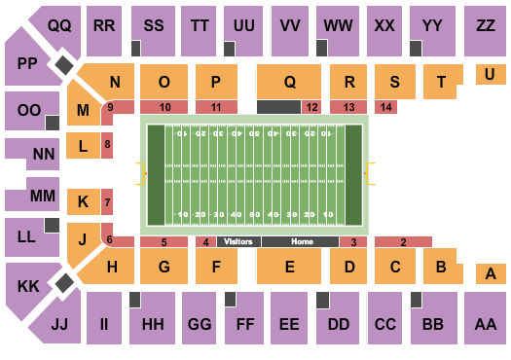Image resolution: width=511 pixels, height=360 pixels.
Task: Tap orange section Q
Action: coord(289,83)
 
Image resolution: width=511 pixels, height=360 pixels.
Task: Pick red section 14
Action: coord(388,107)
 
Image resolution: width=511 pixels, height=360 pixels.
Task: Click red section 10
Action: coord(165,107)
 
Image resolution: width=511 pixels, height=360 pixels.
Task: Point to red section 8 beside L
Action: coord(108,146)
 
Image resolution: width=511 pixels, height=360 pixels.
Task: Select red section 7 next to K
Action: coord(108,202)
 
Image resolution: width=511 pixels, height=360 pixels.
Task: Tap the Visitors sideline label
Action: coord(237,241)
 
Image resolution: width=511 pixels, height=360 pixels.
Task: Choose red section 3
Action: coord(353,241)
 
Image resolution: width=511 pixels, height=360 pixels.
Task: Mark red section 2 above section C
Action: coord(403,241)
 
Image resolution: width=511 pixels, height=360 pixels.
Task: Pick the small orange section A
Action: coord(492,274)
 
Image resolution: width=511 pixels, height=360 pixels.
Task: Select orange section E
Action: coord(289,266)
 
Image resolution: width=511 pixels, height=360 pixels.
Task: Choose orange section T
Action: coord(443,83)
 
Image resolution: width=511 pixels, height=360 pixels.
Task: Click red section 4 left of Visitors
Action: coord(205,241)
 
